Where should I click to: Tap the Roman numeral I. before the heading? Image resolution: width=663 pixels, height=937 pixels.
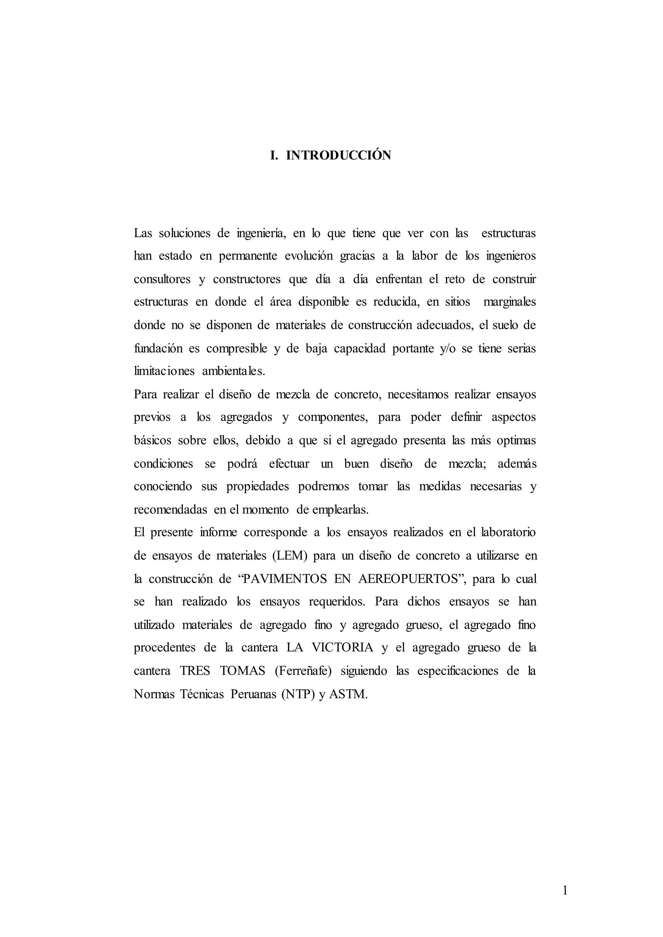point(274,156)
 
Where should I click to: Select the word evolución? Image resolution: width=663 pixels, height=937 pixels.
point(308,256)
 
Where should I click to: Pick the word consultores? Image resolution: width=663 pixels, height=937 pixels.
point(162,280)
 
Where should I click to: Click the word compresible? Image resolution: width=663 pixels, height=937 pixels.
point(237,348)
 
